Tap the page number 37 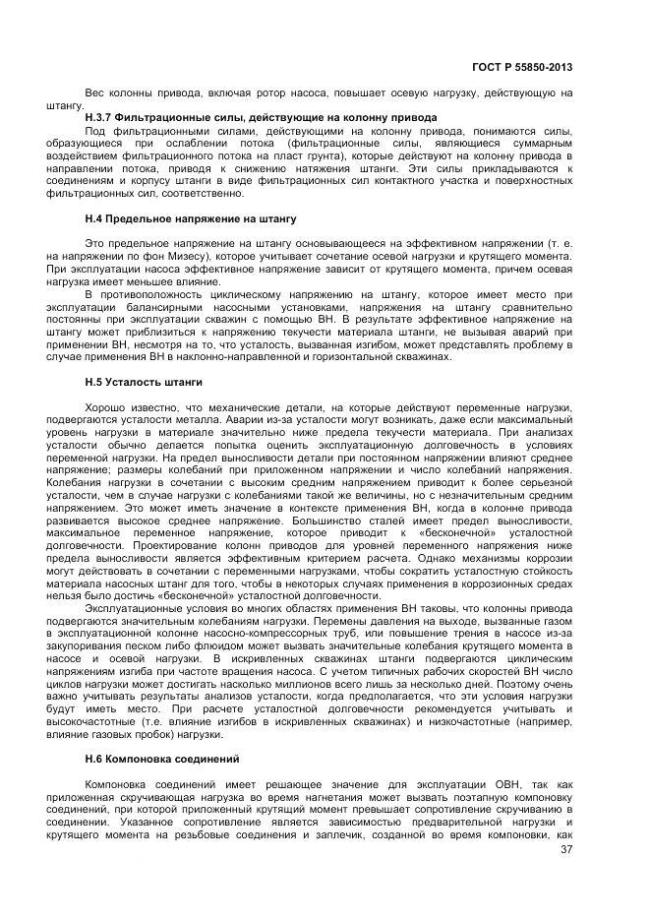click(565, 852)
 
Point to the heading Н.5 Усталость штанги click(144, 379)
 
